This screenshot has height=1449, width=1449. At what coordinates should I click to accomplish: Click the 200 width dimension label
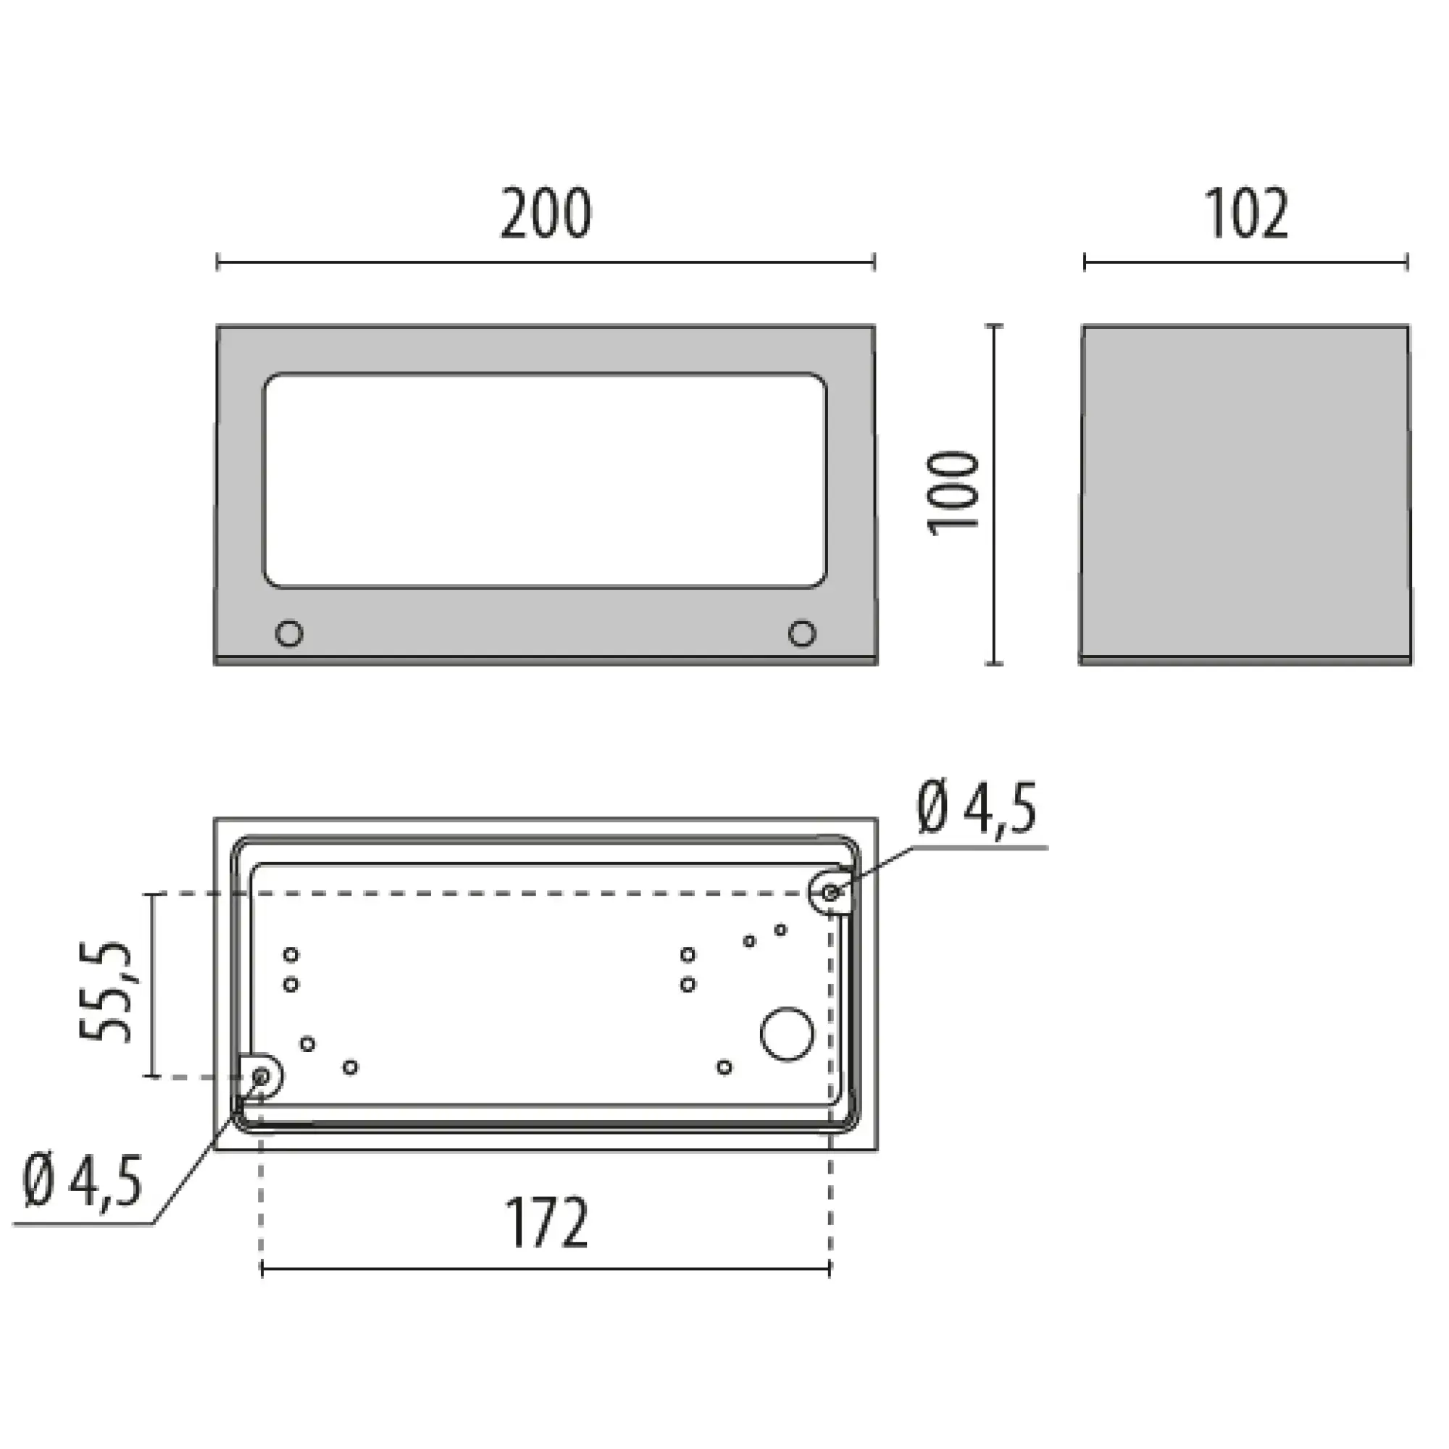point(546,214)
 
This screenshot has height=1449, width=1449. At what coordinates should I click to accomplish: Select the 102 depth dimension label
point(1246,214)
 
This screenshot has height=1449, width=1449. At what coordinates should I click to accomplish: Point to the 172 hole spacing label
point(547,1223)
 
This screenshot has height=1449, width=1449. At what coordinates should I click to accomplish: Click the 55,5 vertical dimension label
point(106,992)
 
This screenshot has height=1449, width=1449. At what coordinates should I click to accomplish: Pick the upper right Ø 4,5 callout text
point(977,809)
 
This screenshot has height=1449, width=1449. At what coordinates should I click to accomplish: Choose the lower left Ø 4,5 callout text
point(83,1181)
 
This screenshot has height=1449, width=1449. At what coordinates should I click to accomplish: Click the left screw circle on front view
point(289,633)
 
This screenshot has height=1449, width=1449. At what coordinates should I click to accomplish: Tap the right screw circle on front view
point(802,633)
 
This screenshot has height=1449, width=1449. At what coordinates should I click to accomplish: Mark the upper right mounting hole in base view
point(831,893)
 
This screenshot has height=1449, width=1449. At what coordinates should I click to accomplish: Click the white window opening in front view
point(545,480)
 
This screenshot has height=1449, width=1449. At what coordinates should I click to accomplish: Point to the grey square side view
point(1245,495)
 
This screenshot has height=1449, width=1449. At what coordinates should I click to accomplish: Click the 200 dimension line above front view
point(546,262)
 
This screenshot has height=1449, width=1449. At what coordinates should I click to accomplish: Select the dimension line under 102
point(1245,262)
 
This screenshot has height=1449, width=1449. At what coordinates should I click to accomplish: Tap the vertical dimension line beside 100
point(995,494)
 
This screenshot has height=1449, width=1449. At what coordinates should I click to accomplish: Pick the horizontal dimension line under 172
point(546,1269)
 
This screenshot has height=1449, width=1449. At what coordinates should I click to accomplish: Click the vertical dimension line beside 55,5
point(153,985)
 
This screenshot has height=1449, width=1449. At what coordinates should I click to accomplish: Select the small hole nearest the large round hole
point(724,1066)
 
